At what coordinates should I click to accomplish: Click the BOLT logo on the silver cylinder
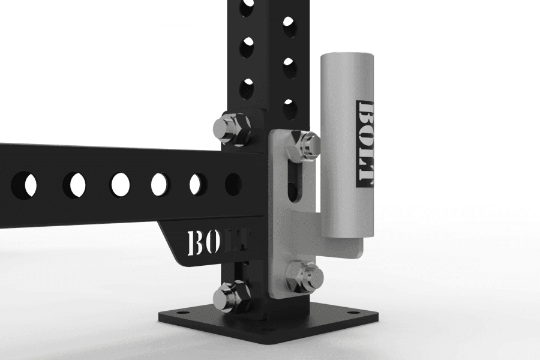coord(366,144)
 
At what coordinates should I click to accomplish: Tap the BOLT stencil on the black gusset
coord(217,243)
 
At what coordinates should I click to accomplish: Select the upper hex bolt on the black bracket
coord(232,128)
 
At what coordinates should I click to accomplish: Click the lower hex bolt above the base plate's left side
coord(232,296)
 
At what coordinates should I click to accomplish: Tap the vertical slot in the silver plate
coord(293,182)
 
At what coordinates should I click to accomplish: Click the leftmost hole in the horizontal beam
coord(24,184)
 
